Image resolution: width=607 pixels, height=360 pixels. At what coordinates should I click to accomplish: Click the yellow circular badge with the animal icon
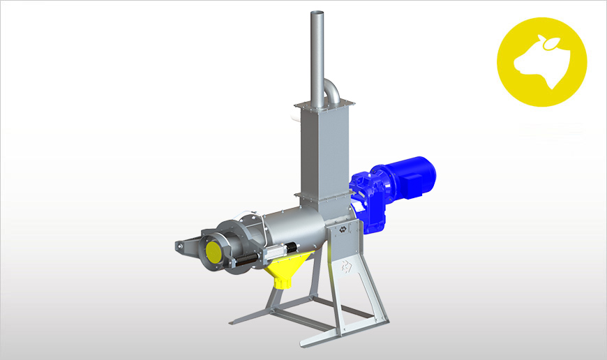tap(541, 61)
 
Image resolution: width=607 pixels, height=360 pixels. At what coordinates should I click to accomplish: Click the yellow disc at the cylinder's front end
tap(211, 250)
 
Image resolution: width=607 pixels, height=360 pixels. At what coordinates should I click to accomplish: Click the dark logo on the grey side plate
tap(343, 229)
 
